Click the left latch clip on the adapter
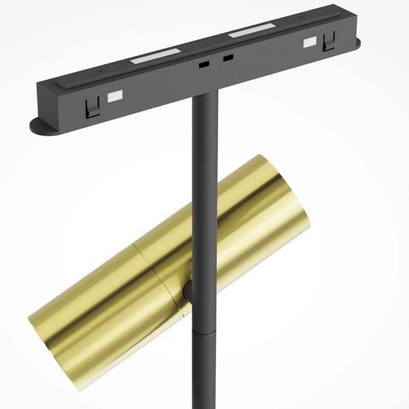(92, 106)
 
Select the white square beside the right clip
(309, 42)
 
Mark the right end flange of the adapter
(356, 44)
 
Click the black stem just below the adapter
(205, 123)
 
